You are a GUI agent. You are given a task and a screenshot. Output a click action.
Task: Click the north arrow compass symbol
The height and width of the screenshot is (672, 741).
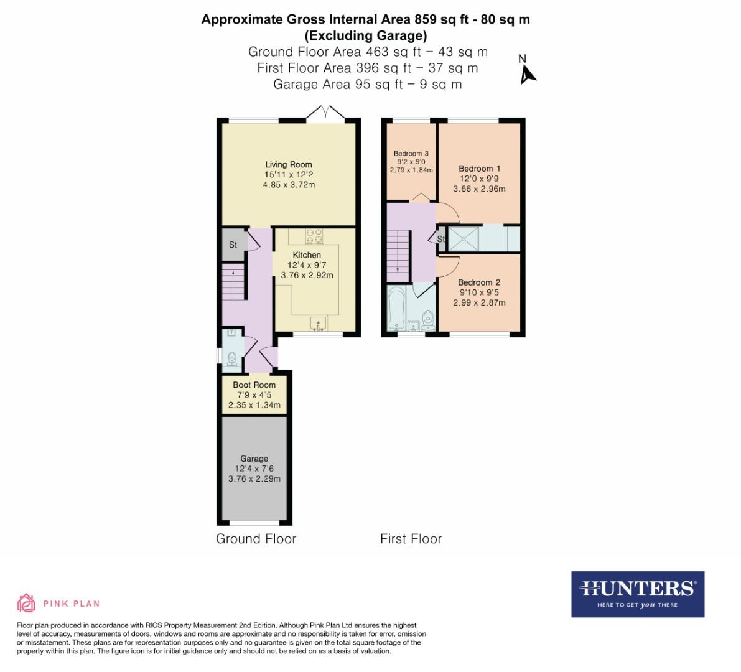[528, 73]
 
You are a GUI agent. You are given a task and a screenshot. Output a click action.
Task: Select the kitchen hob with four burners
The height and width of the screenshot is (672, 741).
[315, 236]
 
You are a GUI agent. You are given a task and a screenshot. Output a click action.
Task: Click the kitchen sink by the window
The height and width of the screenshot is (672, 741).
[318, 324]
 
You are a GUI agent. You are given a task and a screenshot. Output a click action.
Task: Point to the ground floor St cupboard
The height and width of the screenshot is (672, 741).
[233, 245]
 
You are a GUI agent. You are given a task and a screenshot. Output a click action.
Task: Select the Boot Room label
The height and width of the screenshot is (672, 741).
[254, 385]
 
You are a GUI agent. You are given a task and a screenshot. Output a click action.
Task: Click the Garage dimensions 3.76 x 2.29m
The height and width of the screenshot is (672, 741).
[254, 479]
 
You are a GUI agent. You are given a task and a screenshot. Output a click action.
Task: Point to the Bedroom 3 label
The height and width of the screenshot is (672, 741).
[411, 154]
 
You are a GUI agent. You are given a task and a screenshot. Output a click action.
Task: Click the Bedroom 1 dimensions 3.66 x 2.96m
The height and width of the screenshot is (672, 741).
[479, 189]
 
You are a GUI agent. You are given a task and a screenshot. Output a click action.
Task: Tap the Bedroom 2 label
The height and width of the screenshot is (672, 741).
[480, 282]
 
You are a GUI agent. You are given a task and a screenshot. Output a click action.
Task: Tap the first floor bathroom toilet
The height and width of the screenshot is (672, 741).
[427, 320]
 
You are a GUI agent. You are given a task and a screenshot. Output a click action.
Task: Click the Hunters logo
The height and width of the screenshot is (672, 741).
[637, 594]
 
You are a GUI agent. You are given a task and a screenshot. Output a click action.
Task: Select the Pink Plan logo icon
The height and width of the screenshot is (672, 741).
[26, 603]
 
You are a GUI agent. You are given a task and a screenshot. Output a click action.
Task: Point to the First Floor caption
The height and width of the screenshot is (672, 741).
[411, 539]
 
